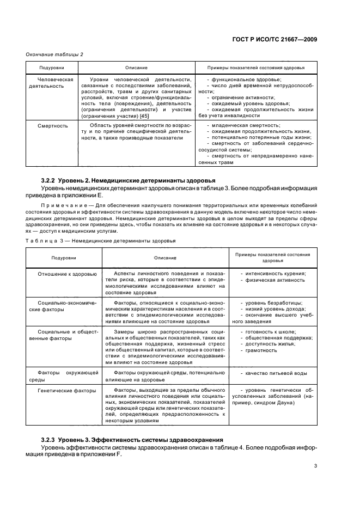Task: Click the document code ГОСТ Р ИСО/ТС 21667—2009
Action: [x=274, y=39]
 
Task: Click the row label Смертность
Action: [x=53, y=125]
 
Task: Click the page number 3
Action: [x=315, y=465]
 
